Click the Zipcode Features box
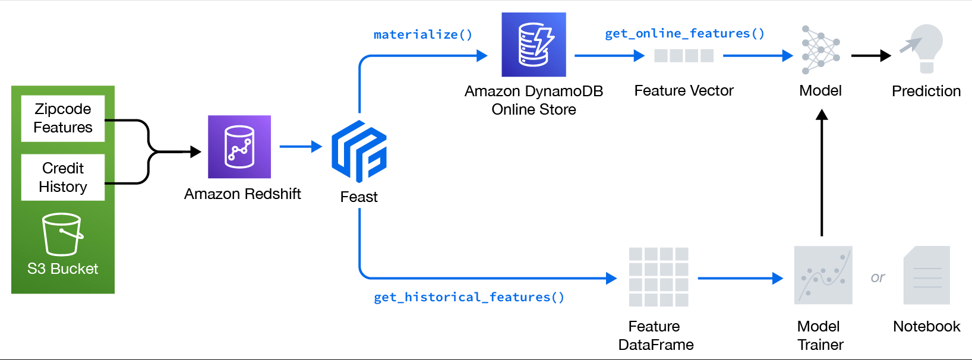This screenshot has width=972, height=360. (63, 118)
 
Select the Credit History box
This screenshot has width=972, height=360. (63, 177)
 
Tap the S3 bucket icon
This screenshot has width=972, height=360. (62, 234)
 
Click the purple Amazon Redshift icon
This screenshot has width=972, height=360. (239, 147)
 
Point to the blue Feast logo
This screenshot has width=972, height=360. (359, 151)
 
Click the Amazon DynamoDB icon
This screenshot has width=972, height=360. (534, 45)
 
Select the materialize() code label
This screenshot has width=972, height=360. (423, 34)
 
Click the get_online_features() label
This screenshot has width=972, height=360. (684, 33)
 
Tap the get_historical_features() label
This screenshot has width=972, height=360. (469, 297)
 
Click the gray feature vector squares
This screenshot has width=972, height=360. (684, 56)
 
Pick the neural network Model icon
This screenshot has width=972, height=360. (820, 50)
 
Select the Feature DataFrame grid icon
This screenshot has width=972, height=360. (658, 277)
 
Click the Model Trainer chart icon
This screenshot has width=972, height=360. (823, 276)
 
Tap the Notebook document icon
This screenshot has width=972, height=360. (926, 276)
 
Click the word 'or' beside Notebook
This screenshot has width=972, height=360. (878, 277)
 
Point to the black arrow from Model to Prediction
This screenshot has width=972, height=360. (870, 56)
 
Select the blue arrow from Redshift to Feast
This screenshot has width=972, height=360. (300, 146)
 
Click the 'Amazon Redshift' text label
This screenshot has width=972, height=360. (242, 194)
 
